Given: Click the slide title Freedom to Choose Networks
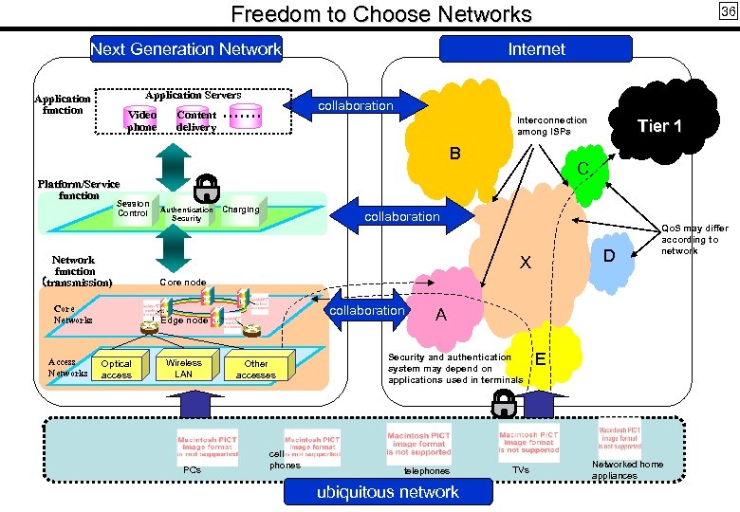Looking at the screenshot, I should pyautogui.click(x=381, y=14).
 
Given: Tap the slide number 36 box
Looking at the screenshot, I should pyautogui.click(x=727, y=11).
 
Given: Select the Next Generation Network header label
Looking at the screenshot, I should pyautogui.click(x=186, y=49).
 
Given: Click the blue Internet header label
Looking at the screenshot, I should pyautogui.click(x=536, y=49).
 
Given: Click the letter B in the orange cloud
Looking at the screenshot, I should pyautogui.click(x=455, y=154).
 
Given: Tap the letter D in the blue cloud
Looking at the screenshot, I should pyautogui.click(x=610, y=255).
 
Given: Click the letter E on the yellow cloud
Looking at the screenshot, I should pyautogui.click(x=540, y=358).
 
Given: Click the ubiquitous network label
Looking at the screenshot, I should pyautogui.click(x=390, y=491).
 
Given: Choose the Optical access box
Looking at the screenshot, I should pyautogui.click(x=117, y=369).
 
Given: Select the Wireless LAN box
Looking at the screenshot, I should pyautogui.click(x=184, y=368).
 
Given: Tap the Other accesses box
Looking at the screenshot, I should pyautogui.click(x=256, y=369).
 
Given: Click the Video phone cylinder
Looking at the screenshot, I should pyautogui.click(x=142, y=119).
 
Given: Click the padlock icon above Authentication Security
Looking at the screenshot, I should pyautogui.click(x=206, y=187).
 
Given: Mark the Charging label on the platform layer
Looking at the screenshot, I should pyautogui.click(x=240, y=210).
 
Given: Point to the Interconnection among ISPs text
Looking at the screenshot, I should pyautogui.click(x=552, y=126).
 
